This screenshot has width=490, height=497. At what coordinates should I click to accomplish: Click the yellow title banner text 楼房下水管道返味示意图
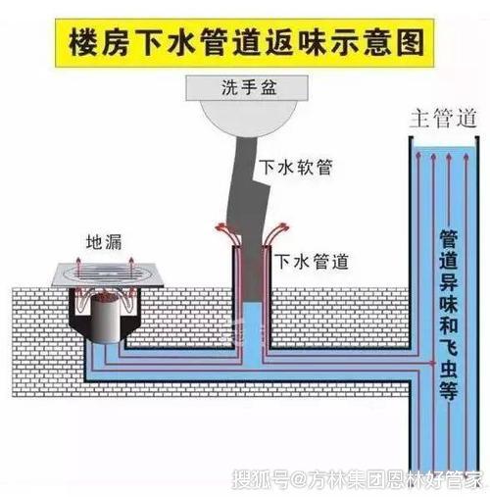pyautogui.click(x=246, y=43)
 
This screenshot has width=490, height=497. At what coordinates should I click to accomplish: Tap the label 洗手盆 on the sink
pyautogui.click(x=249, y=87)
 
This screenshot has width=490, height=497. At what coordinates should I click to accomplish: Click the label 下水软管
pyautogui.click(x=296, y=168)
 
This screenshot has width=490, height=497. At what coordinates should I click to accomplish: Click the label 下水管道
pyautogui.click(x=312, y=262)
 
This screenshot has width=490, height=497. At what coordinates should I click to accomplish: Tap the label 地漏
pyautogui.click(x=104, y=243)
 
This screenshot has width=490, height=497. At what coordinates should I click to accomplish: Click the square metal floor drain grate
pyautogui.click(x=107, y=275)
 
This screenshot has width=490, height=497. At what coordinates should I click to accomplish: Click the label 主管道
pyautogui.click(x=443, y=119)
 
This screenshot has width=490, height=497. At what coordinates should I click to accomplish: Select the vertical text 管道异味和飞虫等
pyautogui.click(x=449, y=315)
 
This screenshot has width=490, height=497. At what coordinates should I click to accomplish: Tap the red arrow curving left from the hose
pyautogui.click(x=228, y=233)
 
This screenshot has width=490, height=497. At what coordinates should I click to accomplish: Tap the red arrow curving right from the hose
pyautogui.click(x=274, y=233)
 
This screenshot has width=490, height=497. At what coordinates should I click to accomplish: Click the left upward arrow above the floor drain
pyautogui.click(x=78, y=267)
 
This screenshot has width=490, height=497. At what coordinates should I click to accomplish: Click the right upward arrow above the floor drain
pyautogui.click(x=131, y=268)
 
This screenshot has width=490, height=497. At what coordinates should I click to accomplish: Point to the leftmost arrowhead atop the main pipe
pyautogui.click(x=417, y=155)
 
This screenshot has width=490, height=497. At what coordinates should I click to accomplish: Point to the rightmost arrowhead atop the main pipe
pyautogui.click(x=466, y=157)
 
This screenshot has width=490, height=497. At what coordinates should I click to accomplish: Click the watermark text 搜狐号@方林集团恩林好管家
pyautogui.click(x=358, y=480)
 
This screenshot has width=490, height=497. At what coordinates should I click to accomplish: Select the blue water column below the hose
pyautogui.click(x=253, y=335)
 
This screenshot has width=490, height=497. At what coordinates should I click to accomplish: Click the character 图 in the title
pyautogui.click(x=411, y=43)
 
